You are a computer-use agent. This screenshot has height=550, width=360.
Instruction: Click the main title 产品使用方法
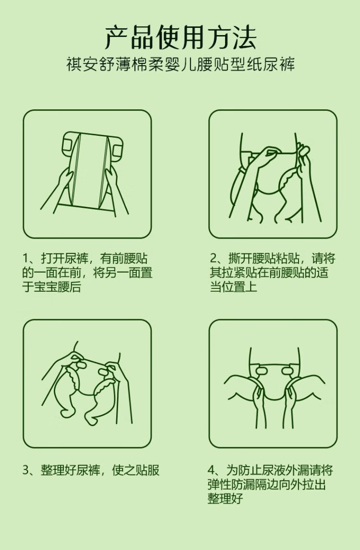tap(180, 37)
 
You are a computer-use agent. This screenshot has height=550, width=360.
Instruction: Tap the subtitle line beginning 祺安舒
tap(180, 64)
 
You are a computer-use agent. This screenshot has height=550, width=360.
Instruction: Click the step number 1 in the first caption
tap(25, 259)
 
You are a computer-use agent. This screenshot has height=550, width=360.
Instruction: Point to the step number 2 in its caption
tap(213, 259)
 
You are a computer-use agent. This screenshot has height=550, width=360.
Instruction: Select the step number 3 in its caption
tap(26, 470)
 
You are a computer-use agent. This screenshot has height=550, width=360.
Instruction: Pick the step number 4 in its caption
tap(211, 470)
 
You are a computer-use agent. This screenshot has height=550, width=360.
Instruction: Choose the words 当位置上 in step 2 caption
tap(234, 287)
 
